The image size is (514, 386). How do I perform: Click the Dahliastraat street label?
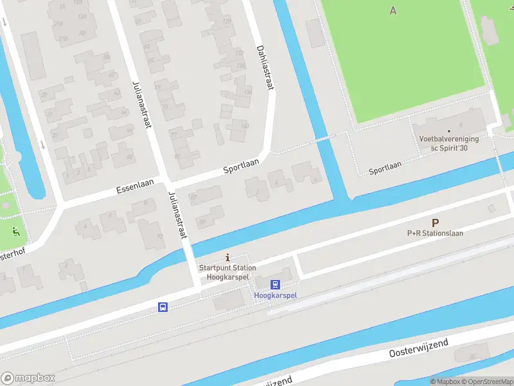265,67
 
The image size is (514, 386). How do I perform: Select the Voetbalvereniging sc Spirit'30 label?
449,143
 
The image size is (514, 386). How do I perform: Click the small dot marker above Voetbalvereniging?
458,130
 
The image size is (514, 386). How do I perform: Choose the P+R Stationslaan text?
435,234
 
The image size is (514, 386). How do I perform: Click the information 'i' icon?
227,257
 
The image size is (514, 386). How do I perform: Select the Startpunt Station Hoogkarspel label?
227,272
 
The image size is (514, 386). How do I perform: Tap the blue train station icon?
275,284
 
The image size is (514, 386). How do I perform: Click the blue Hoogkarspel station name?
276,296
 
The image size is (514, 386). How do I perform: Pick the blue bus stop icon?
163,308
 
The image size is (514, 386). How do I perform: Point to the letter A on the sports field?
393,10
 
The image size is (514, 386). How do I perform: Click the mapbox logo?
28,378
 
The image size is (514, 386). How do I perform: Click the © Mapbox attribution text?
445,381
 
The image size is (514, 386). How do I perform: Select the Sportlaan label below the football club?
385,167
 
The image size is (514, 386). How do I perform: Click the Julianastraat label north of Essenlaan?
141,104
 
